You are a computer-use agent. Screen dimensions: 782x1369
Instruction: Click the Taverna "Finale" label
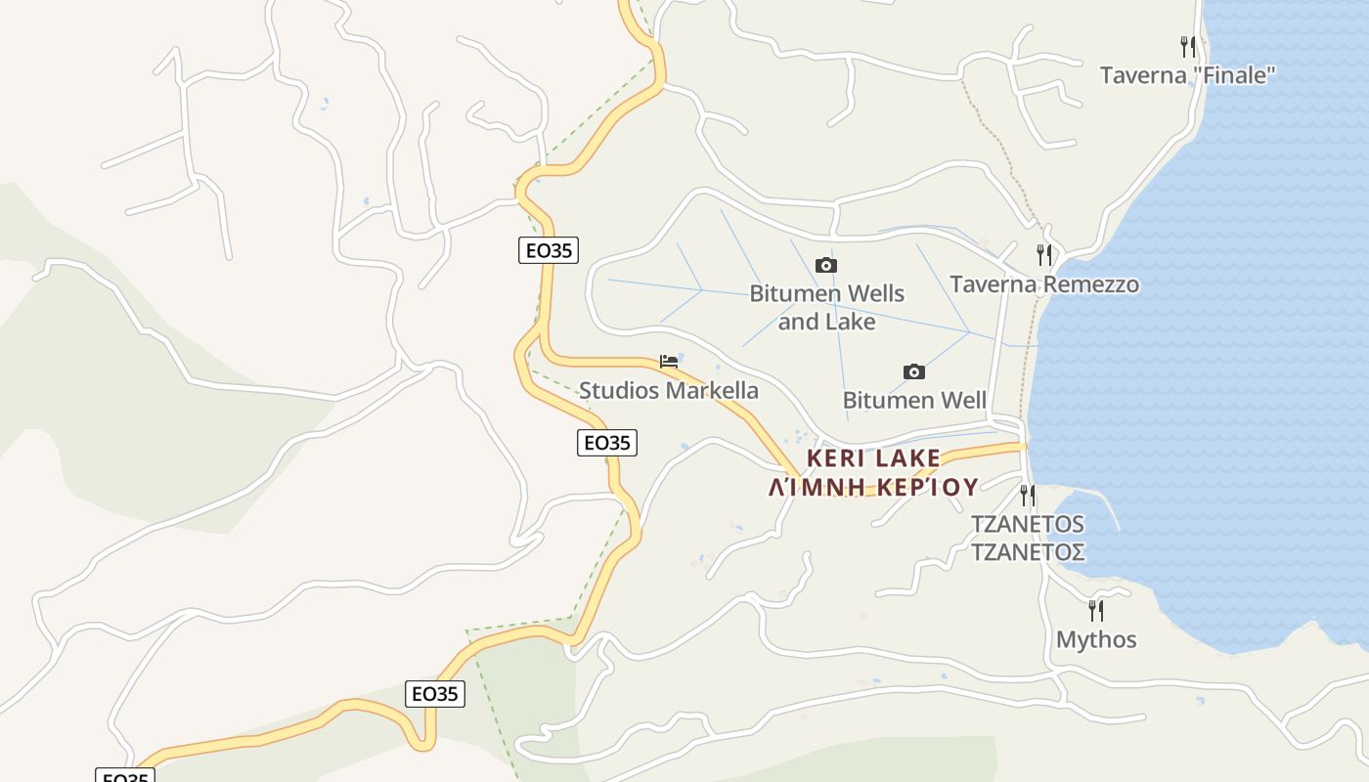tap(1187, 75)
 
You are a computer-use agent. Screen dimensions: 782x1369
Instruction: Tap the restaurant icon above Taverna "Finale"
tap(1188, 46)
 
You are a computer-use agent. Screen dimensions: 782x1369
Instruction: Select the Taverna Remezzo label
tap(1044, 284)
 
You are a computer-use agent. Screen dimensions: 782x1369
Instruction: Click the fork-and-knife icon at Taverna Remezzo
tap(1044, 255)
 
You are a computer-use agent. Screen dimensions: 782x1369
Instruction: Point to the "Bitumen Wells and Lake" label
tap(826, 307)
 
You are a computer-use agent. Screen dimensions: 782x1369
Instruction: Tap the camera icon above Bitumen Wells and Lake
tap(826, 265)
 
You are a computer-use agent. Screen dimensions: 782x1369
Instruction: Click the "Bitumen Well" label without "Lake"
tap(914, 400)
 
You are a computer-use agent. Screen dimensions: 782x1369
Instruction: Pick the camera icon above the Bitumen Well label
tap(914, 371)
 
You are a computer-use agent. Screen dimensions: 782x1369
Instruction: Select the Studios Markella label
tap(669, 391)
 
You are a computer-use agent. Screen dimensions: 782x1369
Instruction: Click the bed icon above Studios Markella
tap(669, 362)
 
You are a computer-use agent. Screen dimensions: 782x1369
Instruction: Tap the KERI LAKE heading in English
tap(874, 457)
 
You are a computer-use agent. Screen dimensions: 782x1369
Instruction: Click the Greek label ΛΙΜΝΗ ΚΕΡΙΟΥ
tap(874, 487)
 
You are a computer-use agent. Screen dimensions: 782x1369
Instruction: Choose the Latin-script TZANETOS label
tap(1027, 524)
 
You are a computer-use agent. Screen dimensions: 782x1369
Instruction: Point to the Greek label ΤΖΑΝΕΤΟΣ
tap(1027, 552)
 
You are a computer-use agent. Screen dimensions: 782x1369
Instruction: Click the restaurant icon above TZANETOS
tap(1027, 496)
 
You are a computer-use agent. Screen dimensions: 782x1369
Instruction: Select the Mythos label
tap(1096, 640)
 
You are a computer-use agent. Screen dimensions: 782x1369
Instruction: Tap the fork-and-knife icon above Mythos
tap(1096, 611)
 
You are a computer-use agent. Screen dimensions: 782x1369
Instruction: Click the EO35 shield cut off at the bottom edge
tap(125, 776)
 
